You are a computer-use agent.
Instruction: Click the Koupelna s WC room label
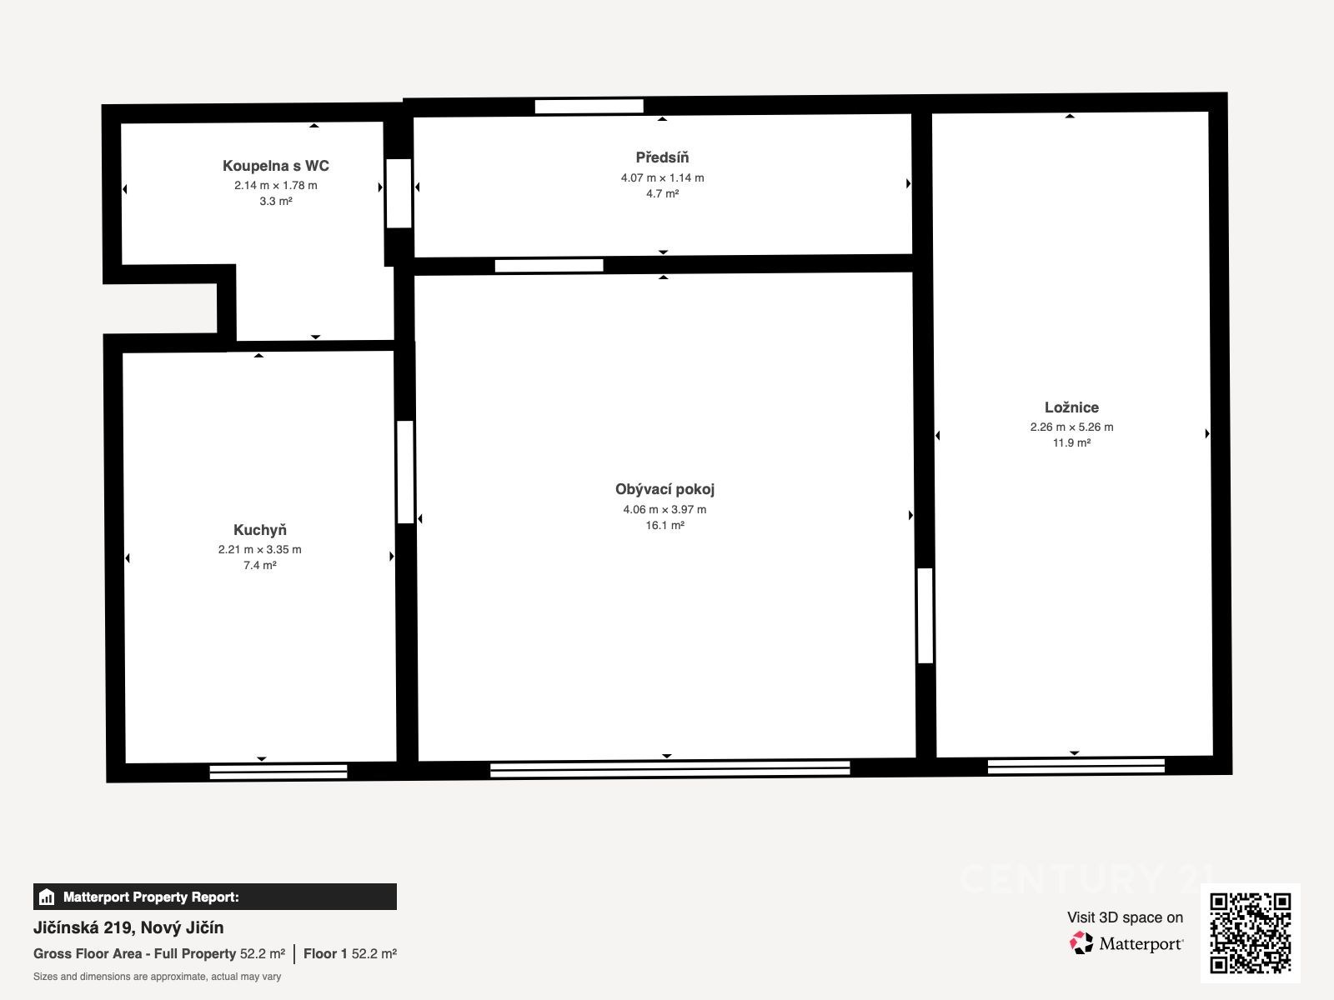pos(275,166)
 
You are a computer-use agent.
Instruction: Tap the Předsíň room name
pos(662,157)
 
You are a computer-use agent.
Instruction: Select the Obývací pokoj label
pos(664,489)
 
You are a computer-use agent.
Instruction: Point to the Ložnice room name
pos(1071,407)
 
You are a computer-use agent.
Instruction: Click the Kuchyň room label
pos(259,530)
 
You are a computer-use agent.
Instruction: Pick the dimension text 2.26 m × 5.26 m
pos(1071,427)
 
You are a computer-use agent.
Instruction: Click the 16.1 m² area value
pos(664,525)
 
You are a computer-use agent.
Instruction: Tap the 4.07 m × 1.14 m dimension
pos(662,177)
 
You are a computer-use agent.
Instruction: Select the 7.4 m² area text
pos(259,565)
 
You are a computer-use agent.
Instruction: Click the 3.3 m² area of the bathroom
pos(275,201)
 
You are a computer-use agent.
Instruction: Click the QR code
pos(1250,933)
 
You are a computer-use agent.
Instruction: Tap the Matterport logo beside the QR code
pos(1126,943)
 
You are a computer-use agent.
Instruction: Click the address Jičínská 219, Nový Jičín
pos(128,927)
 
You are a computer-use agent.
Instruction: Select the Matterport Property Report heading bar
pos(214,897)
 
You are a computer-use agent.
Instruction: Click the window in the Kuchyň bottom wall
pos(278,772)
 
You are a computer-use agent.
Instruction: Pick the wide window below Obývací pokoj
pos(670,768)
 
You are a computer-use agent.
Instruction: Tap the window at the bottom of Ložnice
pos(1076,766)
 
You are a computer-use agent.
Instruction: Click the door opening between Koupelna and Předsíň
pos(399,193)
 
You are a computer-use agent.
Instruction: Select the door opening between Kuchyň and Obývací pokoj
pos(405,472)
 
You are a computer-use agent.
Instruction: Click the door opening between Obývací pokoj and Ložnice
pos(925,615)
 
